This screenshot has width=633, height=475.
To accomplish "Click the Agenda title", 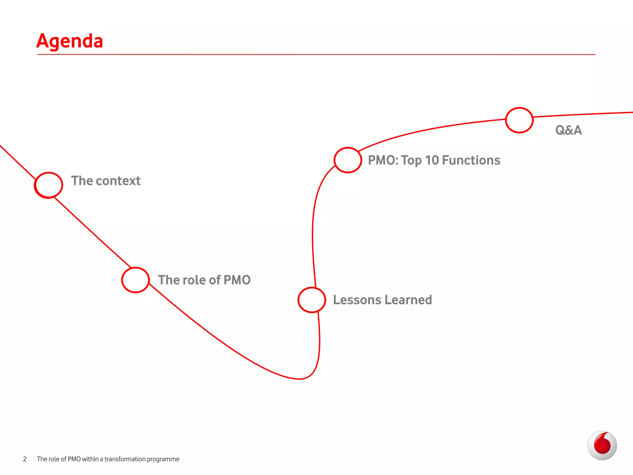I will pyautogui.click(x=70, y=41).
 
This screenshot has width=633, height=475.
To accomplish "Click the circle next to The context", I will pyautogui.click(x=49, y=185).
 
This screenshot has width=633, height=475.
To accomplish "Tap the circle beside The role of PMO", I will pyautogui.click(x=135, y=280).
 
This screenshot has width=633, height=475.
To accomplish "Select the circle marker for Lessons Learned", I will pyautogui.click(x=312, y=300).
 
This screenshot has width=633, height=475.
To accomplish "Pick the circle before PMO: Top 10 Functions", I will pyautogui.click(x=348, y=160).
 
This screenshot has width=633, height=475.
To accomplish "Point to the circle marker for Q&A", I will pyautogui.click(x=519, y=120).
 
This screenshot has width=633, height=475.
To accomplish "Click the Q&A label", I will pyautogui.click(x=568, y=130).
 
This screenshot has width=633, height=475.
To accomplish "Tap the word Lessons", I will pyautogui.click(x=357, y=300).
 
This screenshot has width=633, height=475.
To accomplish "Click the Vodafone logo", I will pyautogui.click(x=602, y=445).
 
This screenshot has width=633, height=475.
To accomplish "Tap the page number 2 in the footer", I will pyautogui.click(x=25, y=459).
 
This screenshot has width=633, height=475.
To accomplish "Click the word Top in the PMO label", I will pyautogui.click(x=411, y=160).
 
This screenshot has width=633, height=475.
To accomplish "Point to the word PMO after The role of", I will pyautogui.click(x=237, y=280).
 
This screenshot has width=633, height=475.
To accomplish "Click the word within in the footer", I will pyautogui.click(x=90, y=459).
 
